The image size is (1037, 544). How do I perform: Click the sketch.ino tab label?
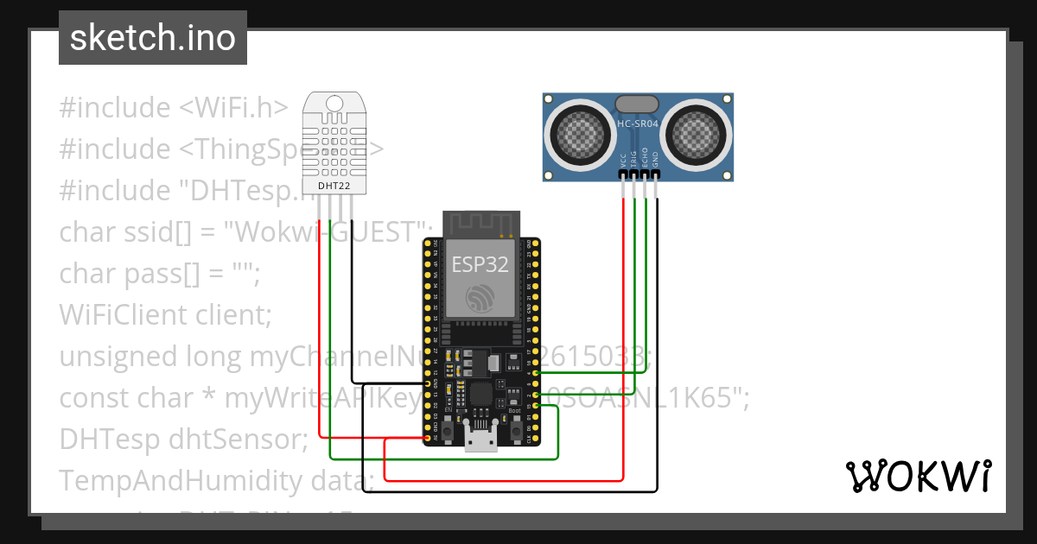(x=152, y=39)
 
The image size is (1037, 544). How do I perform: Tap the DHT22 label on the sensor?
(x=333, y=185)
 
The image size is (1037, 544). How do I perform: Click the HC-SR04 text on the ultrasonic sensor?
(x=638, y=124)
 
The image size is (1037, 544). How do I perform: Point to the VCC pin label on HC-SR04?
(x=623, y=160)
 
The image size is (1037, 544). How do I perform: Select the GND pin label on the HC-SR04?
(x=657, y=160)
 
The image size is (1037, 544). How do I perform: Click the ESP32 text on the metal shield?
(x=480, y=265)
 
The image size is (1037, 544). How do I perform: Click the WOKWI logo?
(x=917, y=476)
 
